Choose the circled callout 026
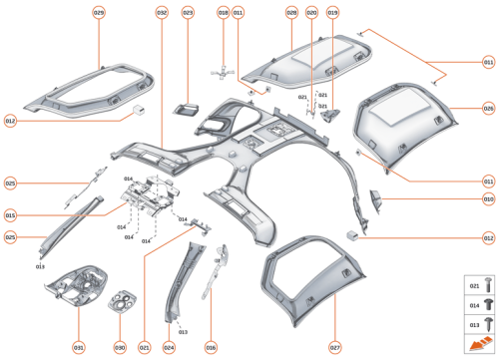click(488, 108)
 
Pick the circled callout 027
click(335, 346)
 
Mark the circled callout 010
click(488, 199)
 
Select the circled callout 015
click(10, 214)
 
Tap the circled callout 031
click(78, 346)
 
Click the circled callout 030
click(119, 346)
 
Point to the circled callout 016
click(211, 346)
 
